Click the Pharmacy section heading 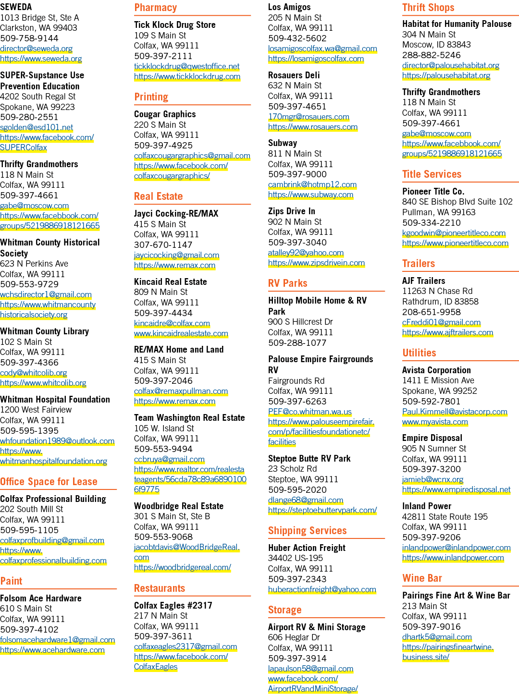(155, 8)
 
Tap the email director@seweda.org (36, 49)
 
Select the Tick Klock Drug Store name (175, 24)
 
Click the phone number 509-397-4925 (163, 145)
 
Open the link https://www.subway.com (310, 195)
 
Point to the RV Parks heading (287, 283)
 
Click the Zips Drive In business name (292, 211)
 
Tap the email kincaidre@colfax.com (172, 323)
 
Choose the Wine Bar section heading (422, 578)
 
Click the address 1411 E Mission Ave (438, 380)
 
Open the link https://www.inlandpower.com (453, 558)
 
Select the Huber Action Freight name (307, 548)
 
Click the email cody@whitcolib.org (33, 373)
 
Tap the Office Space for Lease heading (49, 482)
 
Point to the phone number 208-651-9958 (432, 312)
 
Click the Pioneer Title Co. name (433, 192)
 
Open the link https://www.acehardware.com (52, 650)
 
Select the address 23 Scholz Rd (293, 469)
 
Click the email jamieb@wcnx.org (432, 479)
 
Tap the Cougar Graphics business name (165, 114)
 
